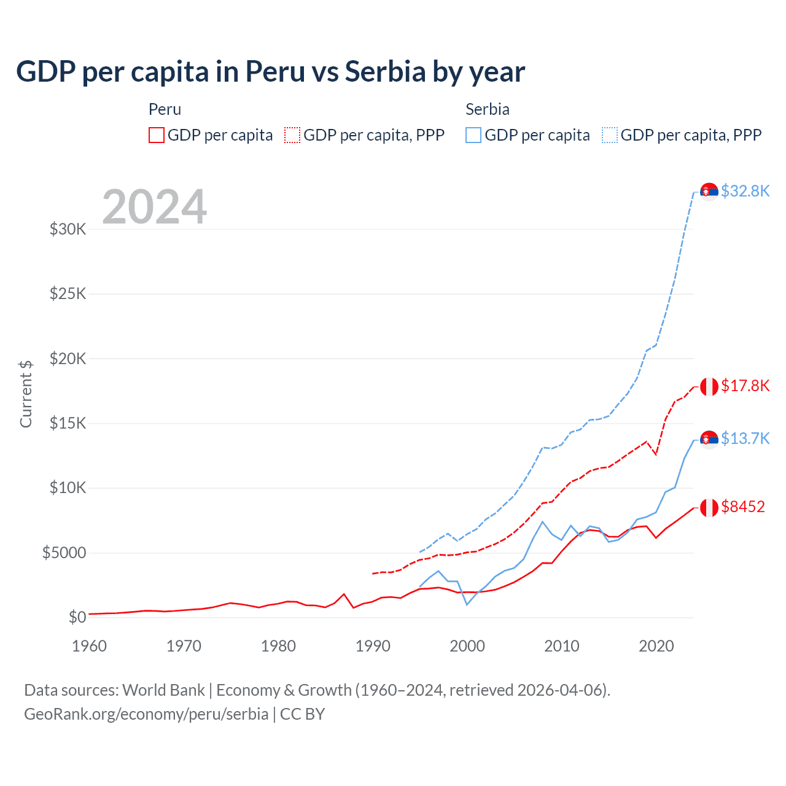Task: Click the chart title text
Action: coord(270,72)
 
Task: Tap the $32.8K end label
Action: coord(745,191)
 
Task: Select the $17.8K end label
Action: coord(745,386)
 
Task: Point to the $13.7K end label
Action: coord(745,438)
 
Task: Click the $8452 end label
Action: coord(743,507)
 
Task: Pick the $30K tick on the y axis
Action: coord(68,230)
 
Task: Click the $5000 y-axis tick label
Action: coord(64,553)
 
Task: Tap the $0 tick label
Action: coord(77,617)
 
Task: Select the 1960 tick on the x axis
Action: coord(89,646)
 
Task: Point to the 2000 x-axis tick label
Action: coord(467,646)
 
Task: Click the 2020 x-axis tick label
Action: coord(656,646)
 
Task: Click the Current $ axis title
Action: coord(26,394)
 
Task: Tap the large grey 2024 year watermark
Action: coord(154,207)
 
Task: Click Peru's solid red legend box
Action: coord(157,135)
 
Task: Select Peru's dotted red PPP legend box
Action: coord(292,135)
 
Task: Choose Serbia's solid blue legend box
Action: coord(473,135)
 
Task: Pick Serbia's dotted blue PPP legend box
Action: coord(610,135)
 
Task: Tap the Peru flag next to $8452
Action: coord(709,508)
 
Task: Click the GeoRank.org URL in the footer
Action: coord(146,714)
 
